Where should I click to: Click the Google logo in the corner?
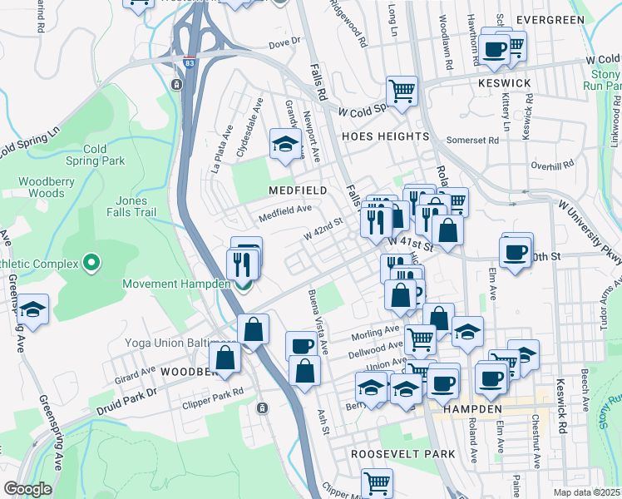[27, 489]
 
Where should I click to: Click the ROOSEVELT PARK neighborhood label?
[402, 454]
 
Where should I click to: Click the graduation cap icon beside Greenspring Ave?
[32, 309]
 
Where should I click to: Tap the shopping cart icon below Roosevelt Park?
[377, 482]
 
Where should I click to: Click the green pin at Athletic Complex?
[92, 264]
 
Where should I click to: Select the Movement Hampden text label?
[175, 284]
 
